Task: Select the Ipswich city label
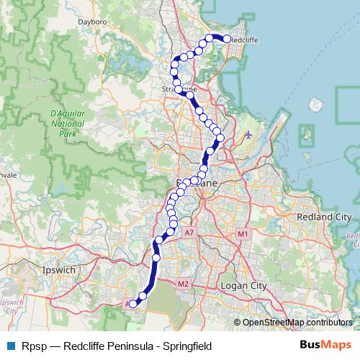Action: (59, 270)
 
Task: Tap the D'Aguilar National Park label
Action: (68, 124)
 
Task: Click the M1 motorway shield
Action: (243, 234)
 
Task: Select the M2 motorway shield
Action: (183, 284)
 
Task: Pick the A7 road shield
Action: (189, 233)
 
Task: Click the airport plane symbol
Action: (249, 134)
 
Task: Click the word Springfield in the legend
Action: (186, 346)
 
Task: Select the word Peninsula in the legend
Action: (130, 346)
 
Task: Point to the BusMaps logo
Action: (325, 346)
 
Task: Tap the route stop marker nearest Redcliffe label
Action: (227, 39)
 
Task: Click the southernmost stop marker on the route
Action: (133, 305)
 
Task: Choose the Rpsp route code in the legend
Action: (33, 346)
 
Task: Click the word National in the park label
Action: (68, 124)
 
